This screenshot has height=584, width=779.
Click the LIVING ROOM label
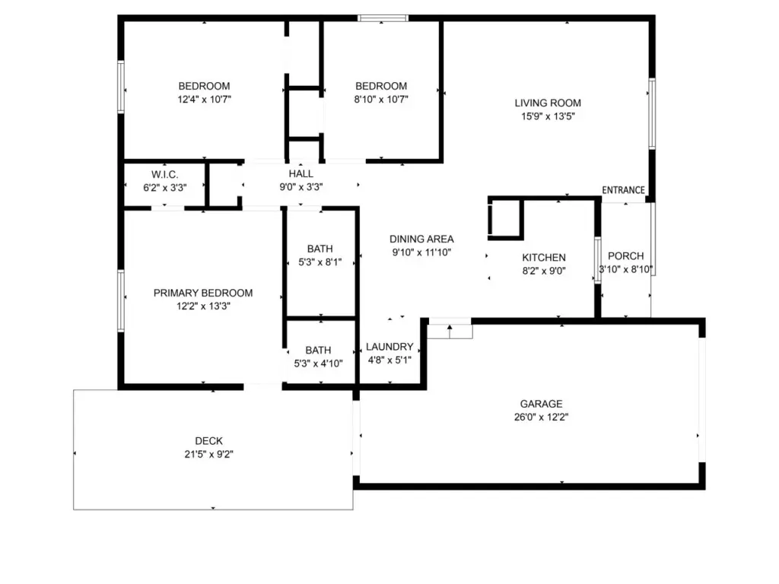[548, 103]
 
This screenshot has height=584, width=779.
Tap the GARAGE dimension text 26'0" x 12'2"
[541, 417]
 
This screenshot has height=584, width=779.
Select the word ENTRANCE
[623, 190]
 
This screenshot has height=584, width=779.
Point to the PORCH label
[625, 256]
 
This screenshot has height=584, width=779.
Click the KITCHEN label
[543, 258]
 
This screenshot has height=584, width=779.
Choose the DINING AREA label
[421, 240]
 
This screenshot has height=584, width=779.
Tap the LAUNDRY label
[389, 347]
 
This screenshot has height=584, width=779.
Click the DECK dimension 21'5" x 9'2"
[208, 454]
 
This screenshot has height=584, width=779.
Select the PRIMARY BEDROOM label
[202, 293]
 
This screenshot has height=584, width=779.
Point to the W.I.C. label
[164, 175]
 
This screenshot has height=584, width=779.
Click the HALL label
[300, 174]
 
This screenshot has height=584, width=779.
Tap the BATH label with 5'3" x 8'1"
[320, 249]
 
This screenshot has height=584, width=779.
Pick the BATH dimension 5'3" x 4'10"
[318, 363]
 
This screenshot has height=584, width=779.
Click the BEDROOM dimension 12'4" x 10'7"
[204, 100]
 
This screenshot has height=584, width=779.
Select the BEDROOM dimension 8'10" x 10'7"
[381, 100]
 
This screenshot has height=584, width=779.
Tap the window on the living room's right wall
[652, 113]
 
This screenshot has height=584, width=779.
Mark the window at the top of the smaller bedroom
[383, 18]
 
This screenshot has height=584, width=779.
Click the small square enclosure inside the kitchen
[506, 219]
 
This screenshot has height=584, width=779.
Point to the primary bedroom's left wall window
[121, 300]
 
